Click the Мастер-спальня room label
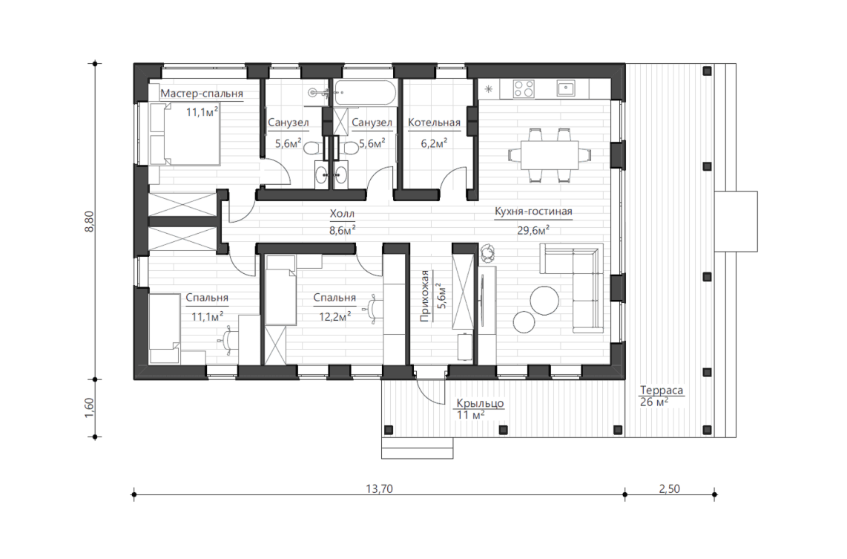202,94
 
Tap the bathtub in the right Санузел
365,93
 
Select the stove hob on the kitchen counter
524,88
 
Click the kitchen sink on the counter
566,88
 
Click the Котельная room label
435,122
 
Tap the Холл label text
342,214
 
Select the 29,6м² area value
533,230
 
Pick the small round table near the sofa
524,323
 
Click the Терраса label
661,390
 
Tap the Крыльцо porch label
480,403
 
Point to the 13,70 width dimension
379,488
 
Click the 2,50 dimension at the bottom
669,488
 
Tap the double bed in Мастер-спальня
184,134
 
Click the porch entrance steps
417,448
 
